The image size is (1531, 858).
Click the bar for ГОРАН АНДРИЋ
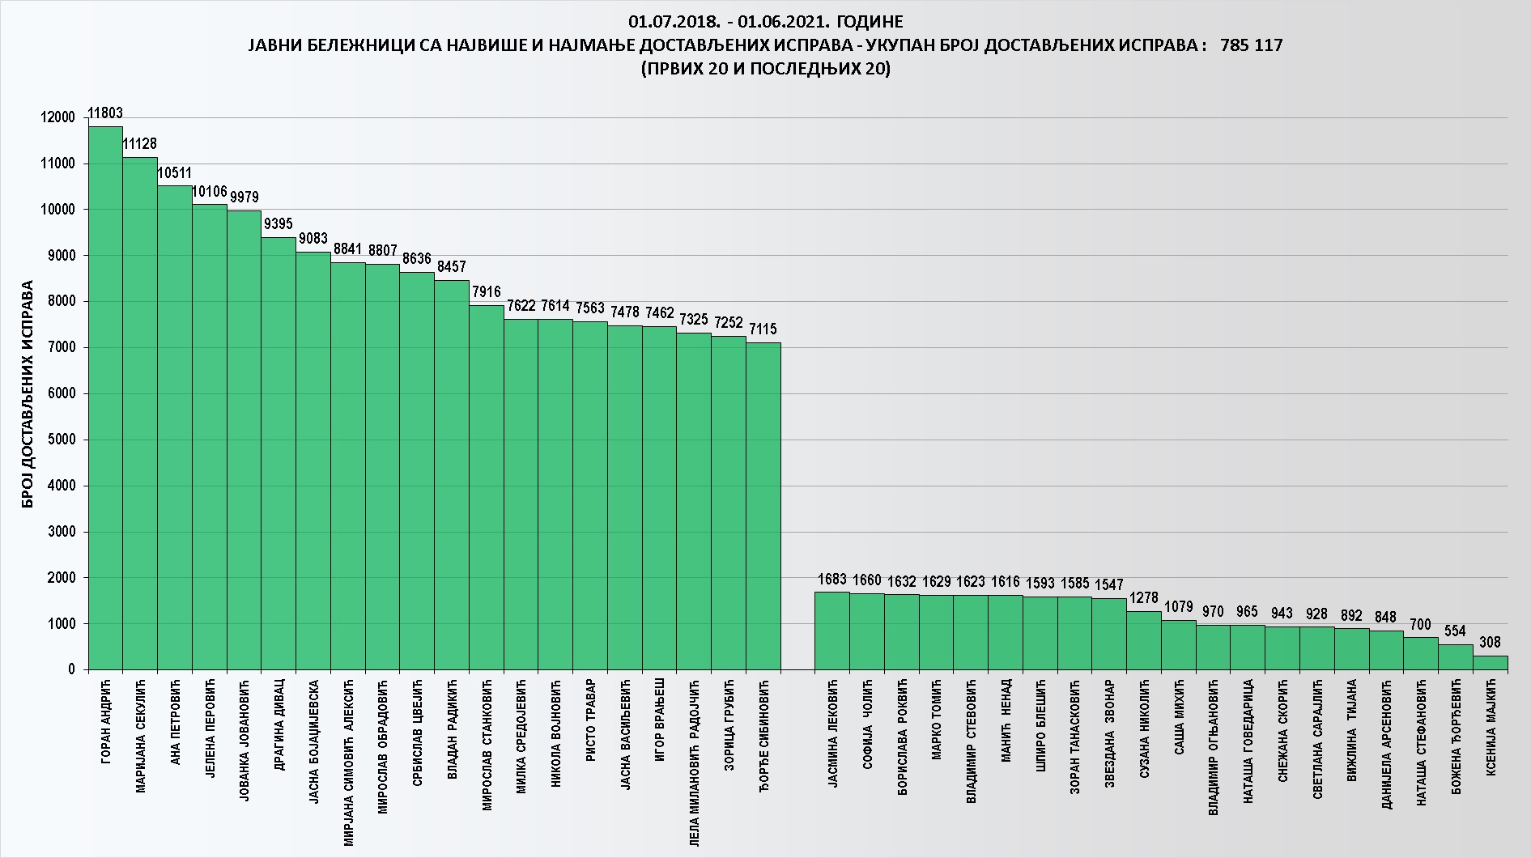tap(105, 397)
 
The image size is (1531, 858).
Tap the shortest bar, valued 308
tap(1490, 663)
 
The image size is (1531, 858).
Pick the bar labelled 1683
tap(831, 631)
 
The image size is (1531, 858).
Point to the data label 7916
tap(487, 292)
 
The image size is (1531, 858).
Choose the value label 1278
tap(1143, 598)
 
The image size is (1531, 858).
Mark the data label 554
tap(1456, 631)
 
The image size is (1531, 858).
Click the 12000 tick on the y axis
tap(57, 118)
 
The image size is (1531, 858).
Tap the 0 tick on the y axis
tap(71, 670)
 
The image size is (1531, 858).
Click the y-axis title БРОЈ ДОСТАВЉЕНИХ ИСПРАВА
tap(28, 394)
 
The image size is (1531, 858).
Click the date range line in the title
tap(765, 21)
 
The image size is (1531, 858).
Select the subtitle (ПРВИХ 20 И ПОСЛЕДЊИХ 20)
tap(765, 70)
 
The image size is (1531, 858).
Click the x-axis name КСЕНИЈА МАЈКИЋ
tap(1491, 728)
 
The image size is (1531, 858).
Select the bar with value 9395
tap(279, 453)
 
